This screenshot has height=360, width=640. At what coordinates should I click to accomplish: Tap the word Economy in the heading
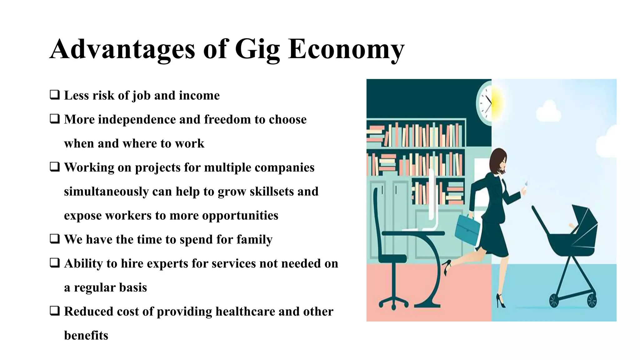pos(346,49)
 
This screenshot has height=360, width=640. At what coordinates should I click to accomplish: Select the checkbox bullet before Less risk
pos(55,95)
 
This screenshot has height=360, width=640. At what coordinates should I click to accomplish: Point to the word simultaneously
pos(106,191)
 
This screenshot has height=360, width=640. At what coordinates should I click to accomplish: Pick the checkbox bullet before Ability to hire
pos(55,263)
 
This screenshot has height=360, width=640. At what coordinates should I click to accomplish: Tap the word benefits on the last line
pos(86,335)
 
